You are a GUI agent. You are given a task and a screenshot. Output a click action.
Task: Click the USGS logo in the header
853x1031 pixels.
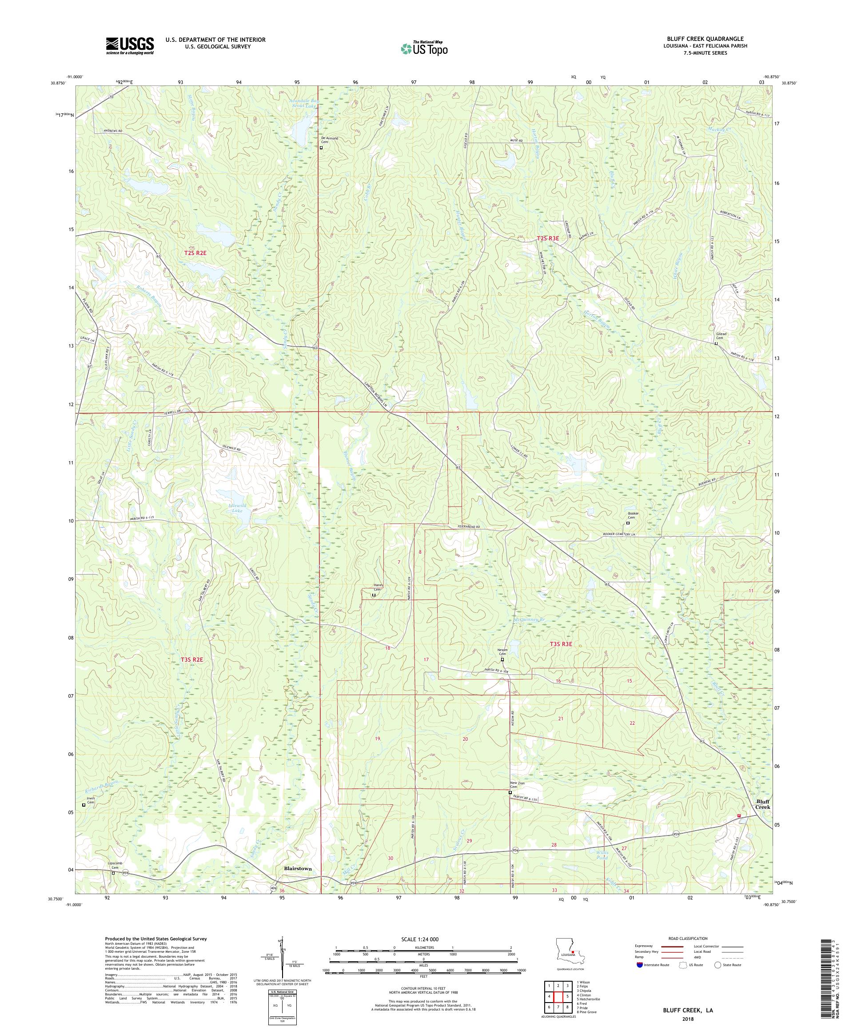tap(130, 46)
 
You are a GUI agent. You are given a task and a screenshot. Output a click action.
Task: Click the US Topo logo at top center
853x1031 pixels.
tap(425, 48)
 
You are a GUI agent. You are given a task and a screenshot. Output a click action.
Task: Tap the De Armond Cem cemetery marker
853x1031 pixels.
tap(321, 147)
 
